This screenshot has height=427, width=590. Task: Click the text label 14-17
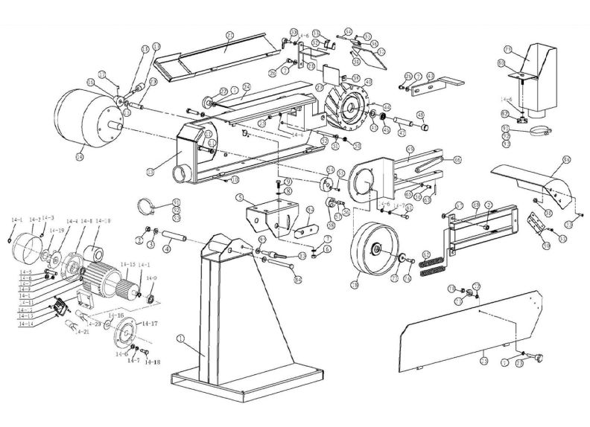[149, 324]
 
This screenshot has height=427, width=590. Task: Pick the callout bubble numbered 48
[420, 115]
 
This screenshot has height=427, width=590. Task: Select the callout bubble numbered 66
[457, 159]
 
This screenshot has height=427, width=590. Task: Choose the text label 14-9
[151, 278]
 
